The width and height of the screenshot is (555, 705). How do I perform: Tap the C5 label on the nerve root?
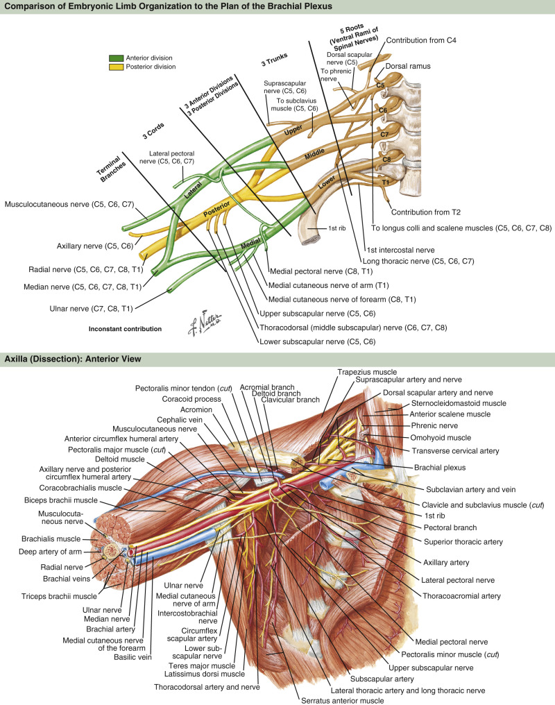point(380,85)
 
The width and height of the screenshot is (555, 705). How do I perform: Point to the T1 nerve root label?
point(386,182)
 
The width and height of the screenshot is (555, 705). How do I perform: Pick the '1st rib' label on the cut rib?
point(318,227)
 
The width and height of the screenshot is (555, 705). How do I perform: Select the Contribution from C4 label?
point(422,40)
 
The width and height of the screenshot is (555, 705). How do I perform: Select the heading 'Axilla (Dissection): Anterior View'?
point(73,359)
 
